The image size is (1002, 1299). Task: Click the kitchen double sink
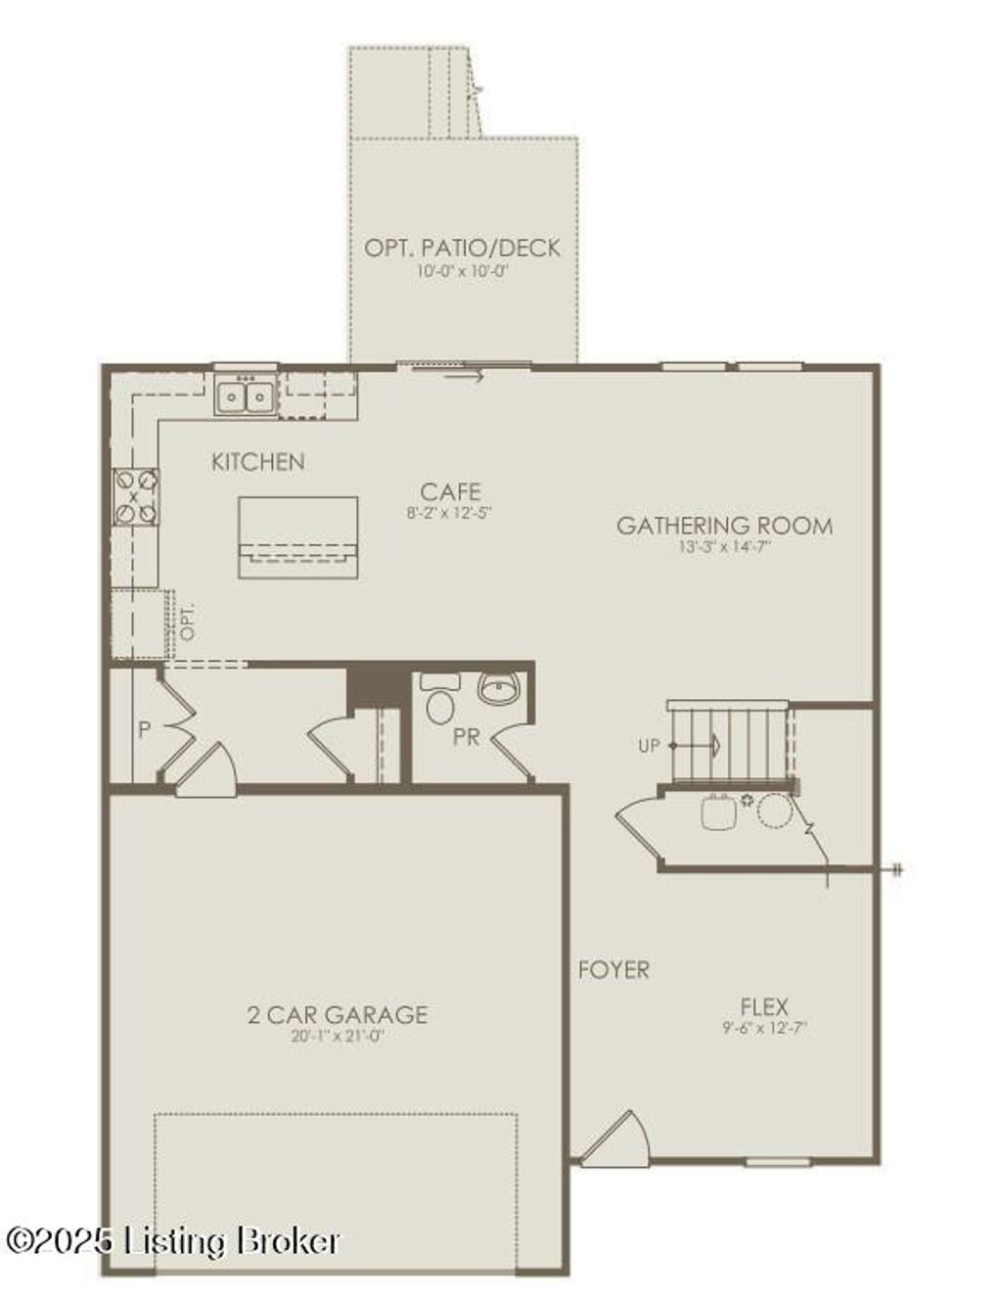pos(245,396)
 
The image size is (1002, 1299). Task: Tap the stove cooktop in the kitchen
pos(135,496)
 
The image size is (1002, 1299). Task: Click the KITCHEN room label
pos(258,461)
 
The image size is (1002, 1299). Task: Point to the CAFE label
pos(451,491)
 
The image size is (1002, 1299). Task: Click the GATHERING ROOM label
pos(724,526)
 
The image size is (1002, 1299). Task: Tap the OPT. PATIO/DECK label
pos(463,248)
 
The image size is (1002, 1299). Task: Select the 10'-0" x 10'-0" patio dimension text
pos(463,270)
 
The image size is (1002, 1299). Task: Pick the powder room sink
pos(498,689)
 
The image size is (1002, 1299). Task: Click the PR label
pos(467,736)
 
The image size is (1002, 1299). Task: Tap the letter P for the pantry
pos(144,729)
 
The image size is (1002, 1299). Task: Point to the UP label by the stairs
pos(650,746)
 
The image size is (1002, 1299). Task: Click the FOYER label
pos(614,970)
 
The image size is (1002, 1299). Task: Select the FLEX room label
pos(763,1005)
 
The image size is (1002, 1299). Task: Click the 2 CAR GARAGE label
pos(337,1014)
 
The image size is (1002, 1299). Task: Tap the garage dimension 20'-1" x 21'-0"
pos(337,1037)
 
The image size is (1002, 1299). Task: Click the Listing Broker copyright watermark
pos(173,1241)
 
